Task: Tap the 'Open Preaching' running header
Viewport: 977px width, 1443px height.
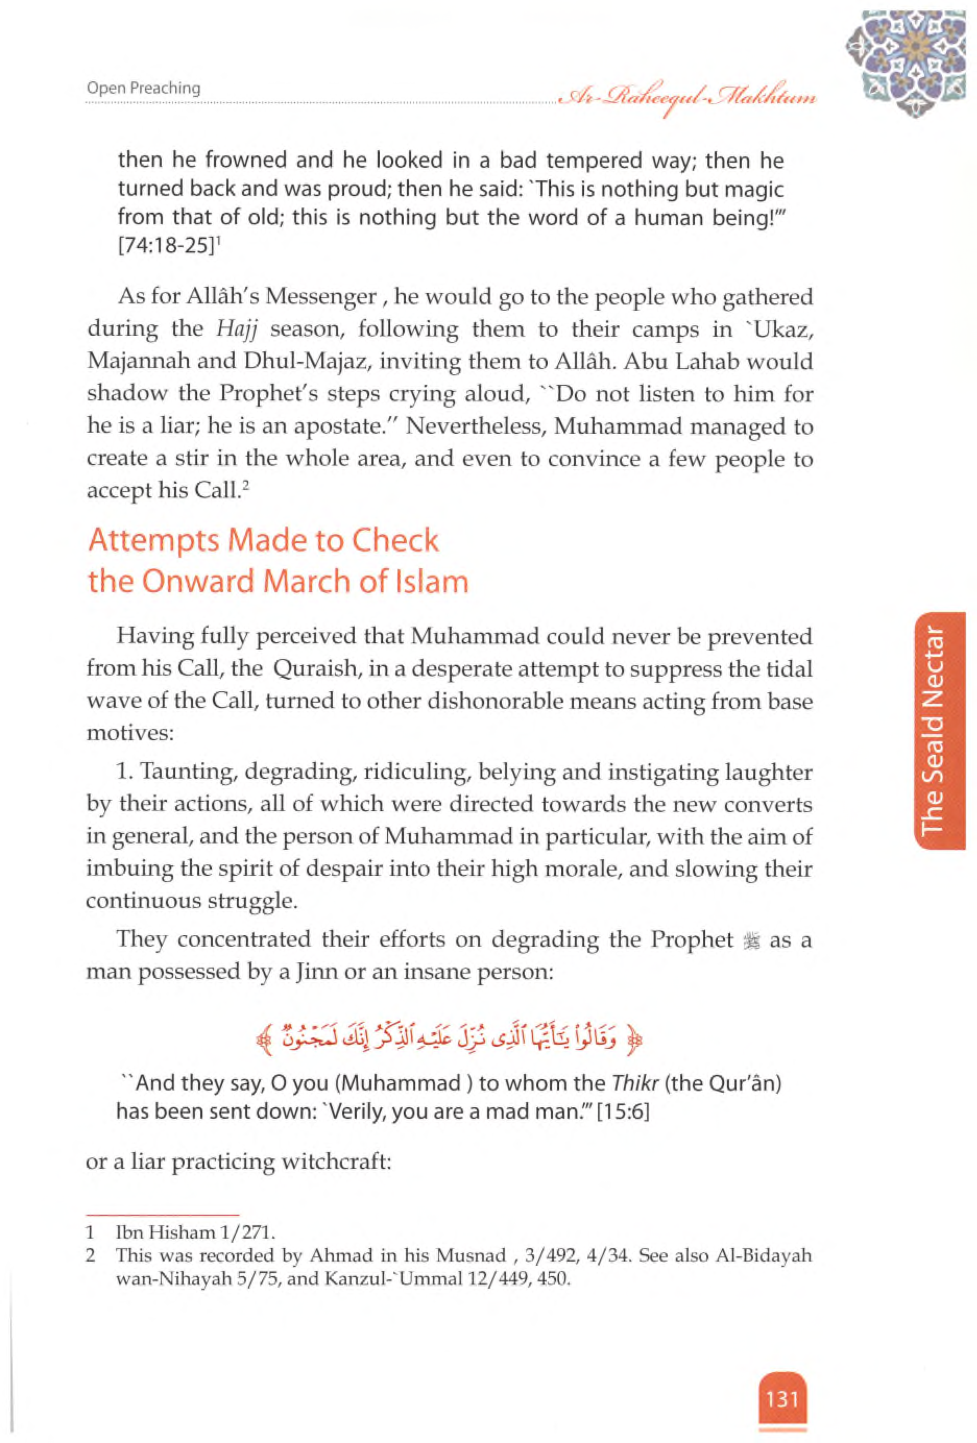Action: [x=143, y=88]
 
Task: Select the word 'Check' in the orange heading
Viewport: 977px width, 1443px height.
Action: [x=395, y=541]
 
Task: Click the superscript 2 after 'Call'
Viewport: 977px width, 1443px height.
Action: [x=246, y=485]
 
